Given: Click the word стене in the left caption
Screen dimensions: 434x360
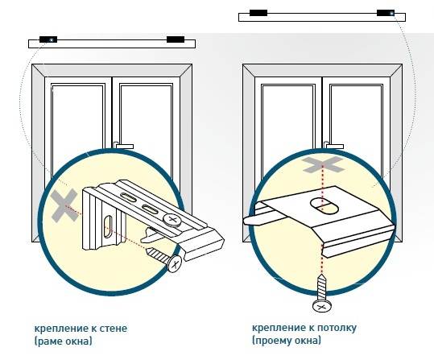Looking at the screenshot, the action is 113,329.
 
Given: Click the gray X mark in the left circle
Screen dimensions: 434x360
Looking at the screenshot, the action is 64,205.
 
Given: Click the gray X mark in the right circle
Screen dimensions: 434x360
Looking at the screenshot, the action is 323,165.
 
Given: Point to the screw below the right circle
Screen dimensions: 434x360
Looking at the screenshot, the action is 322,293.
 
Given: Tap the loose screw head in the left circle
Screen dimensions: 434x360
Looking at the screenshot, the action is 175,264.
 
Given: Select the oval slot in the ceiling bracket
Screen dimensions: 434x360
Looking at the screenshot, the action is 324,206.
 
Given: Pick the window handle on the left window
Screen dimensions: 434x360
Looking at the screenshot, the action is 123,146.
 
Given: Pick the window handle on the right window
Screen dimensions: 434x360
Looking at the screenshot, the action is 334,146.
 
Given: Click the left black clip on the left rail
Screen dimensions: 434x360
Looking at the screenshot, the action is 48,39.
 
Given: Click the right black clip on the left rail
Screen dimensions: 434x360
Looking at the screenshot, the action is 176,39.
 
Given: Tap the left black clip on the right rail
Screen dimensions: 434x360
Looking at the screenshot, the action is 258,13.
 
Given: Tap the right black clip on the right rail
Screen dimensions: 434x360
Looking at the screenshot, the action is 386,13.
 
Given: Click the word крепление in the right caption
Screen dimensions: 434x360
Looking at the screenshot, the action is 280,329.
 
